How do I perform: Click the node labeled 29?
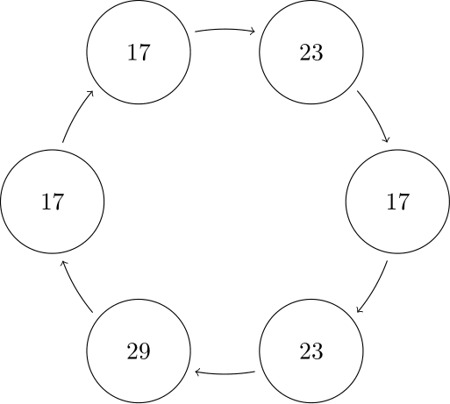click(x=139, y=351)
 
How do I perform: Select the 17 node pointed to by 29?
click(x=53, y=202)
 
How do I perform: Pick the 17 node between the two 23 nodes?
click(x=397, y=202)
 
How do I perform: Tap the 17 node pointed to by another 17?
click(x=139, y=52)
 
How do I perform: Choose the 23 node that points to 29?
click(x=311, y=351)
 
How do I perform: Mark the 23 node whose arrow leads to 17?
click(x=311, y=52)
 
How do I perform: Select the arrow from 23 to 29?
click(x=225, y=374)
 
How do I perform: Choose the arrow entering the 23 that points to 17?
click(x=225, y=29)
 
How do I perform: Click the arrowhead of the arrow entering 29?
click(x=197, y=372)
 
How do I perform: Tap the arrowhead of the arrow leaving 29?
click(x=64, y=264)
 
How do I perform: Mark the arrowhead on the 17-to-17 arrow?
click(x=90, y=93)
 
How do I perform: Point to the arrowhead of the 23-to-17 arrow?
click(x=387, y=139)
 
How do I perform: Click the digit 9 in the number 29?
click(x=145, y=351)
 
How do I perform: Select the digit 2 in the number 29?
click(x=132, y=351)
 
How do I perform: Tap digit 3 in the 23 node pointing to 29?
click(x=318, y=351)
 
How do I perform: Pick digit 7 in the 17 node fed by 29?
click(x=59, y=202)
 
